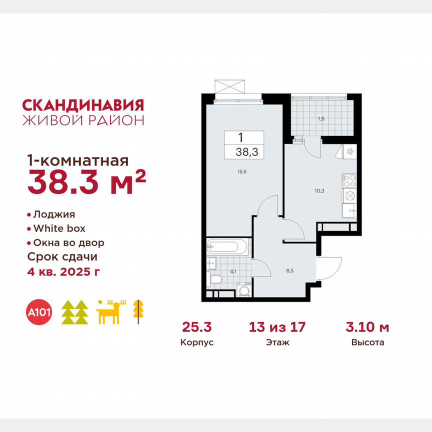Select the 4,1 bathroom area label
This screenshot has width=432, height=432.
(232, 272)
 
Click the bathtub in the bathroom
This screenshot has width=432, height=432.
(227, 246)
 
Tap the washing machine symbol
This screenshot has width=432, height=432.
(244, 290)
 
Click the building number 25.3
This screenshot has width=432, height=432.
(197, 328)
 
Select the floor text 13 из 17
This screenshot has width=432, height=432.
(277, 328)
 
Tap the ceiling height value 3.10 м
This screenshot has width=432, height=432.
(367, 328)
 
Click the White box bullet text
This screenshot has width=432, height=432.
(59, 228)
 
